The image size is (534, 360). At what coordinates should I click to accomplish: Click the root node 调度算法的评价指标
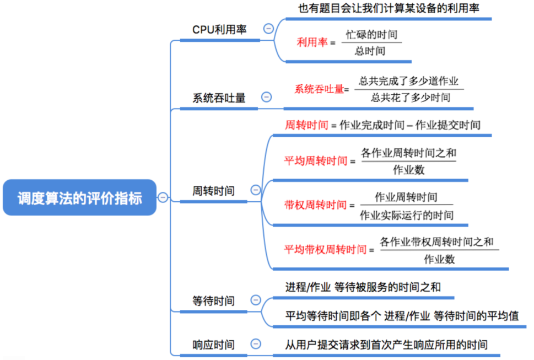point(80,197)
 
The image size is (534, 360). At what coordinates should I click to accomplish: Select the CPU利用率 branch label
point(219,30)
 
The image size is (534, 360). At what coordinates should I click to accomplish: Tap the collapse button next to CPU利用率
point(268,29)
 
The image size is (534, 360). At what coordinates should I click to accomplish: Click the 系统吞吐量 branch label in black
point(219,98)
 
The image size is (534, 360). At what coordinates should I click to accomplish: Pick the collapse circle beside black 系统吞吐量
point(266,97)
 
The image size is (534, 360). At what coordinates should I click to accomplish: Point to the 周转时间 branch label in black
point(213,191)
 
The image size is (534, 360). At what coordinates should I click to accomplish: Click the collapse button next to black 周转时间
point(255,190)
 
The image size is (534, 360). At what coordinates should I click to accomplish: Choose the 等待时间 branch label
point(213,301)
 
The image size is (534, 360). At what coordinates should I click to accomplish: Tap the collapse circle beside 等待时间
point(255,300)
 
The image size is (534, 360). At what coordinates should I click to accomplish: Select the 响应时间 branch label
point(213,345)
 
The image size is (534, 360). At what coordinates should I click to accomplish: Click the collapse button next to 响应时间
point(255,344)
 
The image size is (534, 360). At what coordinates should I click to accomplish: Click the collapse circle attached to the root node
point(163,197)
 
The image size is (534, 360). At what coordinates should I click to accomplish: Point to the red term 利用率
point(312,42)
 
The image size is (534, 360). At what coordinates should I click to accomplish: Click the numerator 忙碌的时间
point(371,34)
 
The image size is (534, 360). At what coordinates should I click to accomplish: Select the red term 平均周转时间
point(316,161)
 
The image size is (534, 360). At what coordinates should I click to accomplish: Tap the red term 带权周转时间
point(316,205)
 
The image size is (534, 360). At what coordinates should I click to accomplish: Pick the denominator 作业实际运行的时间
point(407,215)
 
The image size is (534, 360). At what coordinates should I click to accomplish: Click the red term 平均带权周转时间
point(325,250)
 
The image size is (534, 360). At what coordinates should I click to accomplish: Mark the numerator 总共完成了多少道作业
point(409,81)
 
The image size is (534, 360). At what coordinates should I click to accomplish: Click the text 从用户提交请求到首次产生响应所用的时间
point(386,345)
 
